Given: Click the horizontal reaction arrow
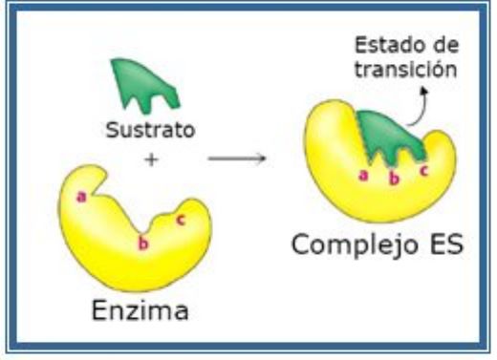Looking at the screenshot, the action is coord(236,157).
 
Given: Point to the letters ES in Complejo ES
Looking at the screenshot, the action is coord(440,245).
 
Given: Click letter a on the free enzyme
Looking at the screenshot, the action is coord(82,197).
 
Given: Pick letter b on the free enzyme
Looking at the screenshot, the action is coord(144,245).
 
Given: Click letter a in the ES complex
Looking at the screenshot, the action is coord(362,175).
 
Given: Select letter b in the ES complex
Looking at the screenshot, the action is coord(393,179).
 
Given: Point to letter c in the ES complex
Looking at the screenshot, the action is coord(422,172).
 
